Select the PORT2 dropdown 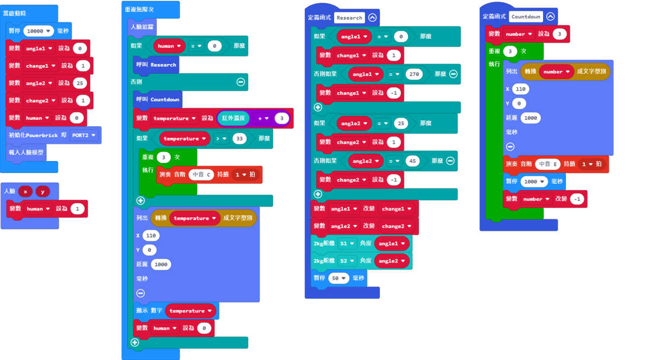click(84, 136)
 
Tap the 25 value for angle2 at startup click(80, 83)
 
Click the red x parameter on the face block click(25, 191)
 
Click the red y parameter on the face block click(43, 191)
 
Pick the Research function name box click(349, 18)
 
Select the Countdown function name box click(526, 17)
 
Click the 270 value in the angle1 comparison click(414, 74)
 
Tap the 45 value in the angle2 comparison click(412, 161)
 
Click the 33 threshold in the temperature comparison click(239, 139)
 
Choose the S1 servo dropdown click(347, 243)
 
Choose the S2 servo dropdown click(347, 261)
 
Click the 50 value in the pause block click(339, 278)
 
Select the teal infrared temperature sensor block click(234, 118)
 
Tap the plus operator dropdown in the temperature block click(263, 119)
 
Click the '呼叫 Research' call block click(156, 65)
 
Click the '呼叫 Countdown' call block click(158, 99)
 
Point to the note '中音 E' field click(547, 164)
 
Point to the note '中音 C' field click(201, 175)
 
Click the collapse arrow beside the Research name click(372, 18)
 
